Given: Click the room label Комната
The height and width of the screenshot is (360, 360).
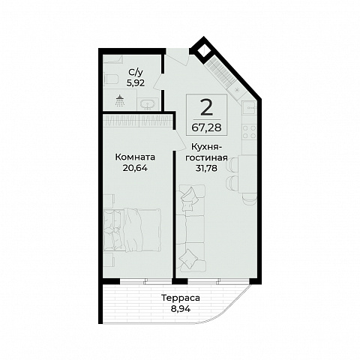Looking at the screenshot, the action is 135,157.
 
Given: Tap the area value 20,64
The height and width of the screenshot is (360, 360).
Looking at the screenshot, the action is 135,168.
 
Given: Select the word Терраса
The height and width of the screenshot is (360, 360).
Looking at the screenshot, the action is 181,298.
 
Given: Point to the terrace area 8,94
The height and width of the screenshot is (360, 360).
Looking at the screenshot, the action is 181,309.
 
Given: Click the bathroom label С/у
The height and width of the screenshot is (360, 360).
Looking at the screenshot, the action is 136,73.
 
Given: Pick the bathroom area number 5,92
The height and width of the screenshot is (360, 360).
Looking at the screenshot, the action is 136,83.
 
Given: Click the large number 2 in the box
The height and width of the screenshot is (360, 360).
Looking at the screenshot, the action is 206,108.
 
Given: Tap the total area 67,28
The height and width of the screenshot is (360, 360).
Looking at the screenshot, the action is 206,127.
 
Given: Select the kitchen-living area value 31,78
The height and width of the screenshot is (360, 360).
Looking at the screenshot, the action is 206,168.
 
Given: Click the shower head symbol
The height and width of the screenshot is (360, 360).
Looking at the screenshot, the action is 120,100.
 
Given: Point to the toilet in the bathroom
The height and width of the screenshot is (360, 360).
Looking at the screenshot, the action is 110,79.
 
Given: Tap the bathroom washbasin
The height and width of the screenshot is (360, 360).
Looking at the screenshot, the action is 148,104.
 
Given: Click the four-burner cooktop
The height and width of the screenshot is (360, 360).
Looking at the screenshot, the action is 250,132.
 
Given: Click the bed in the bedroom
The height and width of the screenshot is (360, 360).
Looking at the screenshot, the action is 132,230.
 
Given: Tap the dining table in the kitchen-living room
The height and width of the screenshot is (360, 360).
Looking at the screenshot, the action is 247,174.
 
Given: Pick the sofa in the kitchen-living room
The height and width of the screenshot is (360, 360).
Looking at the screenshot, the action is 190,228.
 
